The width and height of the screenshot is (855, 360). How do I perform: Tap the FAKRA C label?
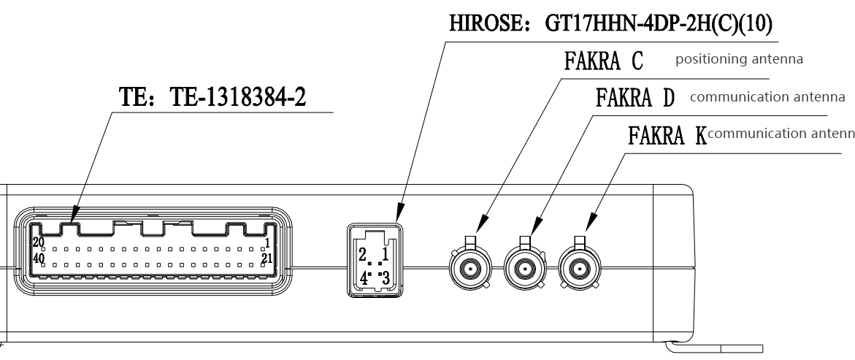coord(602,61)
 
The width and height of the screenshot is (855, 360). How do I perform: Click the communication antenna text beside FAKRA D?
coord(767,96)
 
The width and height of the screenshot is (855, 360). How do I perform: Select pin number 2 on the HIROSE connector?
coord(362,255)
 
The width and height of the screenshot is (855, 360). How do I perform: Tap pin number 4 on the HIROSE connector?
coord(362,277)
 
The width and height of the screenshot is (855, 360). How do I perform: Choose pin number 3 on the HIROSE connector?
coord(386,277)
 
